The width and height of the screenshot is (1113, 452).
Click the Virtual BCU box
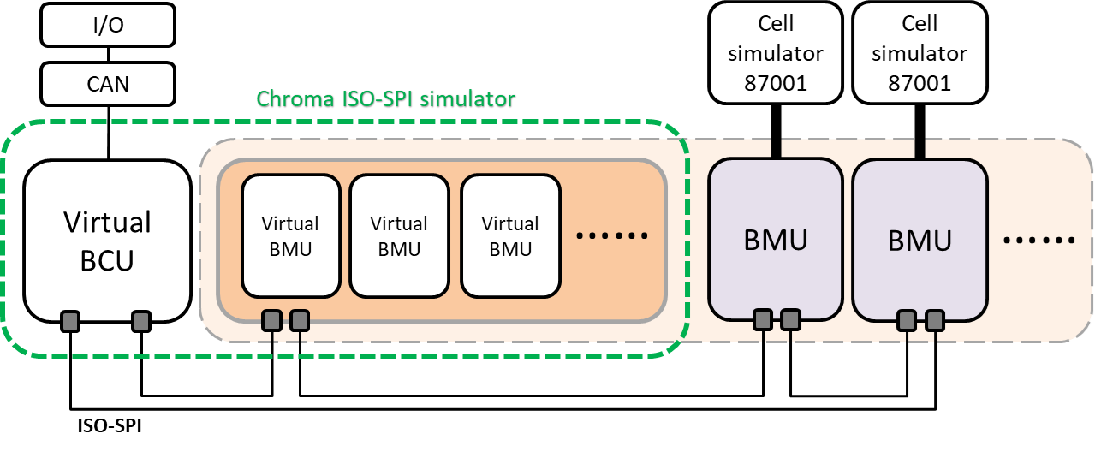tap(107, 239)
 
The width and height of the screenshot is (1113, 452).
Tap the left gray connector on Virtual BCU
tap(70, 321)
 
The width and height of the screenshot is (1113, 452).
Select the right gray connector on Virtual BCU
tap(140, 321)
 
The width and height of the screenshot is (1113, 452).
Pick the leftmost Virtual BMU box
tap(290, 235)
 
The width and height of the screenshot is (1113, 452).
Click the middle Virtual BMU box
tap(399, 235)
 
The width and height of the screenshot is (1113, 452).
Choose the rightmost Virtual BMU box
tap(510, 235)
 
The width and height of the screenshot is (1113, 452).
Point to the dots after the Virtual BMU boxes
tap(611, 236)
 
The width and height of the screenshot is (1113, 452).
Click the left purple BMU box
tap(775, 239)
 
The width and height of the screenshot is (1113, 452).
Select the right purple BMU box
tap(920, 239)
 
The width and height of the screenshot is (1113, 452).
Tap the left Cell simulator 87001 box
tap(775, 52)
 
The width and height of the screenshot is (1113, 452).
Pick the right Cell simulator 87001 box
tap(920, 52)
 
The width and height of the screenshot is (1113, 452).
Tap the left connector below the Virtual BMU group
tap(271, 321)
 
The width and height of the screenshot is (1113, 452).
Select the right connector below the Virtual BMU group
tap(299, 321)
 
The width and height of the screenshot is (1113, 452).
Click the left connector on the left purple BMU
tap(762, 321)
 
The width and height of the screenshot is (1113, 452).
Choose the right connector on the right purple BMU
tap(934, 321)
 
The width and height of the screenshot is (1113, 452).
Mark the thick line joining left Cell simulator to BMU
tap(775, 148)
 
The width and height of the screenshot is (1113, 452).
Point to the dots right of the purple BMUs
tap(1038, 240)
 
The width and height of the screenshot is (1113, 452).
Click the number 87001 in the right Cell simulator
tap(920, 84)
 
